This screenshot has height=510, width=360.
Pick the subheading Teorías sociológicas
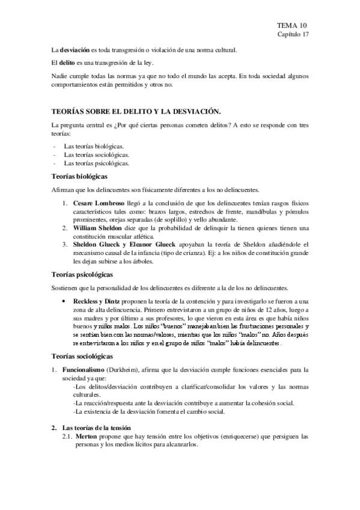point(81,356)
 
